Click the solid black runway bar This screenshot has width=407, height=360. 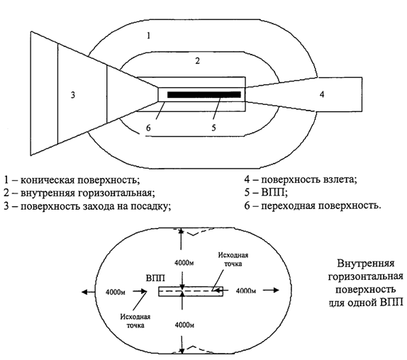tap(204, 95)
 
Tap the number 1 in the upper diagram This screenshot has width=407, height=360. tap(148, 35)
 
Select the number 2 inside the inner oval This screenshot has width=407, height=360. tap(198, 61)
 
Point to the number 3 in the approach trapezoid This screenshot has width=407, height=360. tap(73, 95)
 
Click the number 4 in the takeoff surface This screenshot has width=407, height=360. tap(322, 94)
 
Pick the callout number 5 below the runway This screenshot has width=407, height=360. tap(213, 128)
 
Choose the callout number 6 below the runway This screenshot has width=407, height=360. tap(148, 128)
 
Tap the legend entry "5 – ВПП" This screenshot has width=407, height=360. tap(266, 193)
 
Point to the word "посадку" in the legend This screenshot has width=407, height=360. tap(151, 206)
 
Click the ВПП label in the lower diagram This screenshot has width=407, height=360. tap(155, 279)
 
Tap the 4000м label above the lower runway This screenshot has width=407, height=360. tap(184, 263)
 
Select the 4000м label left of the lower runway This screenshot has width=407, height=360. tap(116, 292)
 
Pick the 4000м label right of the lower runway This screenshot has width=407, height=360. tap(246, 291)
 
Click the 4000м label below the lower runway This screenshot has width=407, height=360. tap(184, 325)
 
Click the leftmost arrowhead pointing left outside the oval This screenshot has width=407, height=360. tap(84, 292)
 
